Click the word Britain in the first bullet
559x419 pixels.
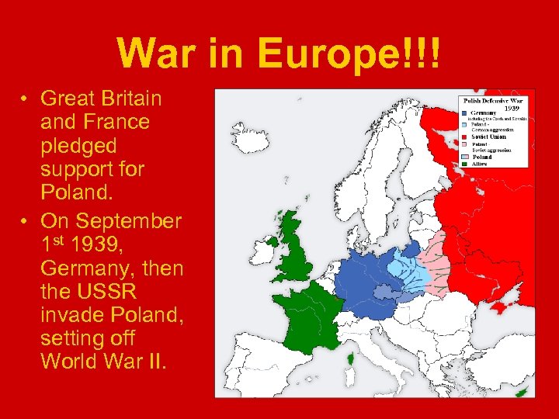tap(124, 99)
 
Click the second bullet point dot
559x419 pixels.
tap(25, 221)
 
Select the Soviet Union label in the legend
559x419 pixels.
tap(489, 137)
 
